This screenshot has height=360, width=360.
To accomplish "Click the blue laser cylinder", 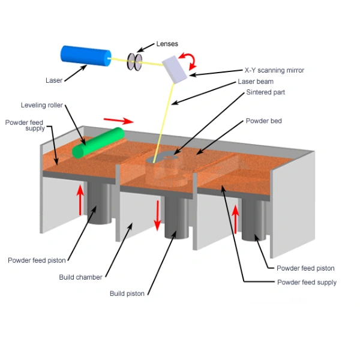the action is pyautogui.click(x=86, y=56).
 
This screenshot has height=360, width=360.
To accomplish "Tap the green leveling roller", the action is pyautogui.click(x=98, y=143).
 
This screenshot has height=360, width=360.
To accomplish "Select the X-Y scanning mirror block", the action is pyautogui.click(x=175, y=70).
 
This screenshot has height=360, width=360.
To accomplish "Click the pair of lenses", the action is pyautogui.click(x=135, y=62).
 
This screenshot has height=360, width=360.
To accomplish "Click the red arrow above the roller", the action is pyautogui.click(x=118, y=121).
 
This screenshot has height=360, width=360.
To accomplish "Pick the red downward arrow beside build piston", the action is pyautogui.click(x=157, y=215).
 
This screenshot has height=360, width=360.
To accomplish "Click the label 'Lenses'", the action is pyautogui.click(x=167, y=44).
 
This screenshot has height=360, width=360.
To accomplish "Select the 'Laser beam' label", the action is pyautogui.click(x=256, y=82).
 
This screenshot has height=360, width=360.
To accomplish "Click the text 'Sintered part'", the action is pyautogui.click(x=265, y=92).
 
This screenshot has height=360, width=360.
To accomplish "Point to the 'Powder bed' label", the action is pyautogui.click(x=263, y=121).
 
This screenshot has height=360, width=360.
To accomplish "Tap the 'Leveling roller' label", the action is pyautogui.click(x=42, y=105).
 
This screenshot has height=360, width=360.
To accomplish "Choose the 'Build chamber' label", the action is pyautogui.click(x=80, y=277).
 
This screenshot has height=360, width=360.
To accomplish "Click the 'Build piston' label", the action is pyautogui.click(x=127, y=293).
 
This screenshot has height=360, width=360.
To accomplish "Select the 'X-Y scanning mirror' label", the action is pyautogui.click(x=274, y=70).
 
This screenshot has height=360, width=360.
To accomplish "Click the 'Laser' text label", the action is pyautogui.click(x=54, y=80).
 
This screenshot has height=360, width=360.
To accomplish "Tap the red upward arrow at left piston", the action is pyautogui.click(x=80, y=200).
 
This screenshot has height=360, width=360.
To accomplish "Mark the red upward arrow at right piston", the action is pyautogui.click(x=235, y=219).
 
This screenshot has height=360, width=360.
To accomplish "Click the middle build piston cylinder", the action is pyautogui.click(x=176, y=218).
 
